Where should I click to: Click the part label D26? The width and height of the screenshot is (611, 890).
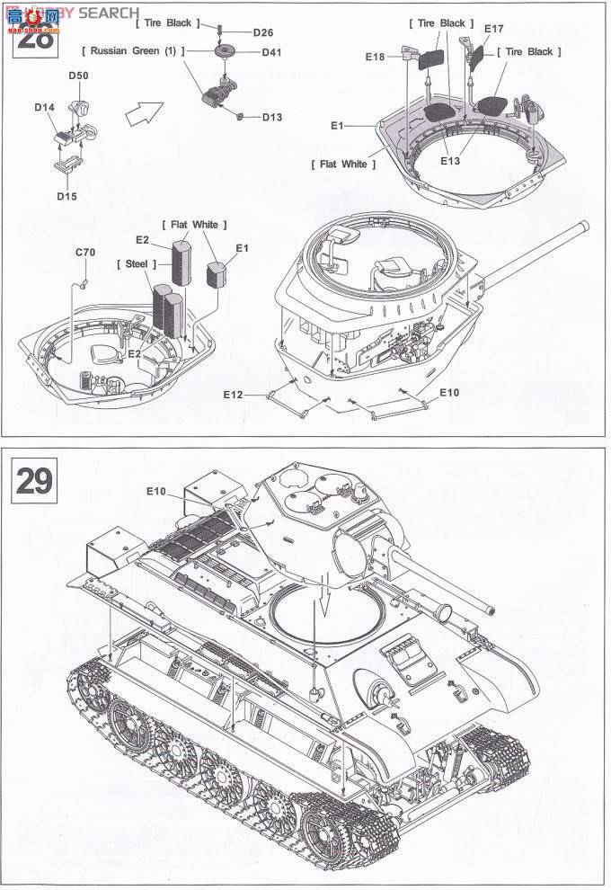262,32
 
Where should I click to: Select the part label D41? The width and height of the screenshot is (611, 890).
271,52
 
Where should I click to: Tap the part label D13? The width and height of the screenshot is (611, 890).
272,117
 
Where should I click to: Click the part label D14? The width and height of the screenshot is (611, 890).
44,108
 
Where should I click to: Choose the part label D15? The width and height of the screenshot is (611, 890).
66,196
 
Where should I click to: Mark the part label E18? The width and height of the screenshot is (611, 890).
375,57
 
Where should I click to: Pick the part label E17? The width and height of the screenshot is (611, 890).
493,29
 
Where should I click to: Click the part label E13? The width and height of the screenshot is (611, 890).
450,161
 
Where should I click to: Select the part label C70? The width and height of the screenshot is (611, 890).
84,254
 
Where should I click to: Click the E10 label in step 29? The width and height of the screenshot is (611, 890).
156,491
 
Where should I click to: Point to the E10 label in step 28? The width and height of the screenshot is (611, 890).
449,393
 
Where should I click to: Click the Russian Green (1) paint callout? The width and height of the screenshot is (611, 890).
132,51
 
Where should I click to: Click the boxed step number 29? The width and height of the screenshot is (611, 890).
33,482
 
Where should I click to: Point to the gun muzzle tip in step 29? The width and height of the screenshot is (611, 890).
491,609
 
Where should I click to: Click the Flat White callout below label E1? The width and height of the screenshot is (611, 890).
343,164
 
